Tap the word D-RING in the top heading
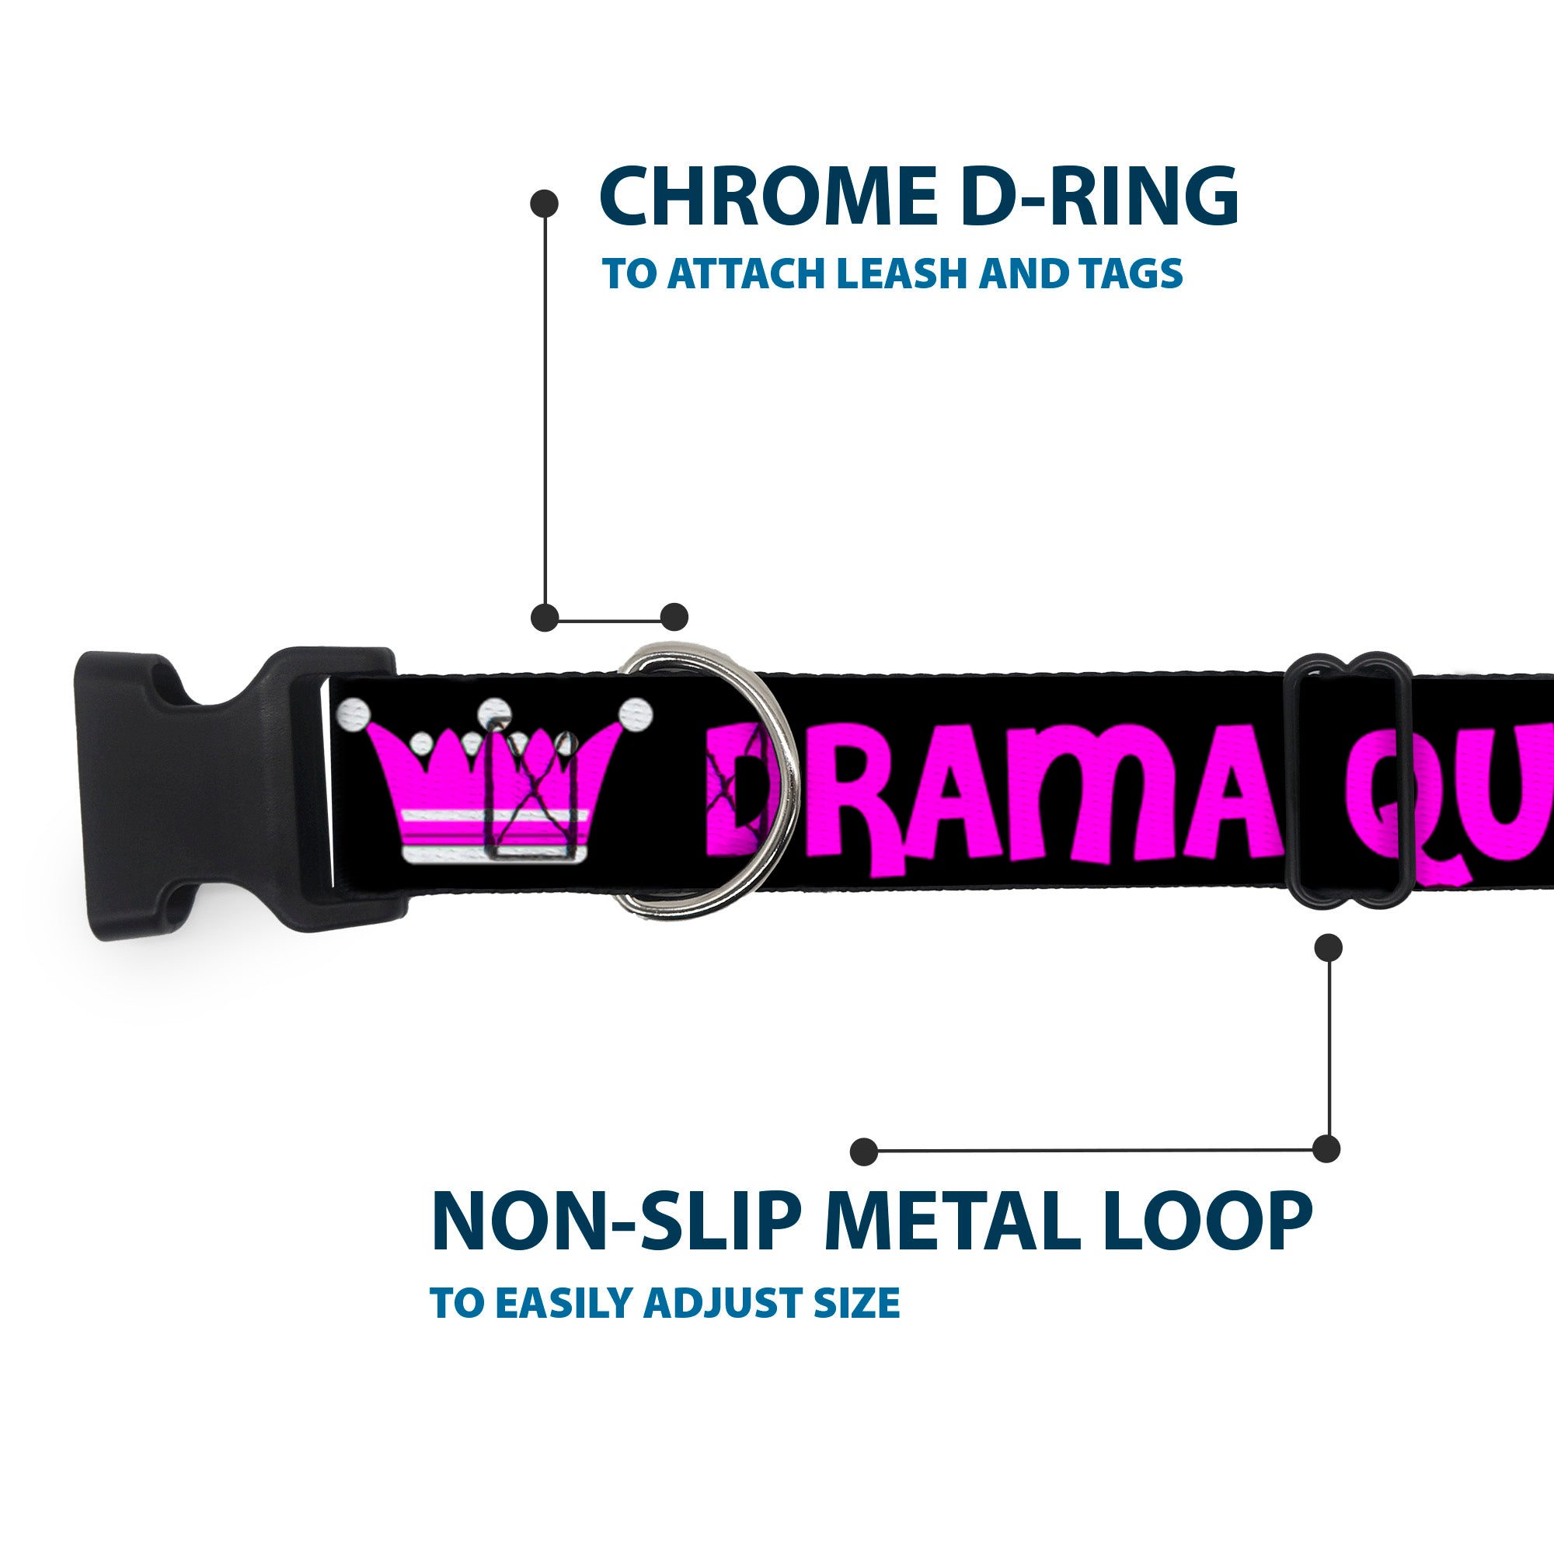[1099, 197]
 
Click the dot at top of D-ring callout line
[545, 204]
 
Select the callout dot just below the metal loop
[1328, 947]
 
